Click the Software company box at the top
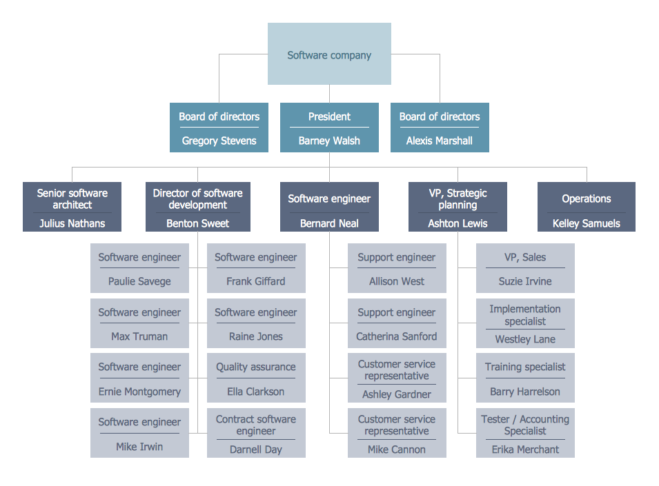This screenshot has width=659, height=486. (x=329, y=54)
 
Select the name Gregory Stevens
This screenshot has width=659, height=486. (x=219, y=141)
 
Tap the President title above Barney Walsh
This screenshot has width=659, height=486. (x=329, y=117)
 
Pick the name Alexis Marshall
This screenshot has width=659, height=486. (x=439, y=141)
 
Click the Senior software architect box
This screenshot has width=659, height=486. (x=72, y=206)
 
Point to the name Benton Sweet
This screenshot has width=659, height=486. (x=197, y=223)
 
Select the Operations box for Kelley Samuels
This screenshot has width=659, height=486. (x=586, y=206)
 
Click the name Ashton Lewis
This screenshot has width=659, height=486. (x=458, y=223)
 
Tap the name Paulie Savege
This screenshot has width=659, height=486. (x=139, y=281)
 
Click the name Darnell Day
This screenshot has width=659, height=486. (x=256, y=449)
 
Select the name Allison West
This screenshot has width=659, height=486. (x=397, y=281)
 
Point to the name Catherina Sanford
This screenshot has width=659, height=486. (x=397, y=336)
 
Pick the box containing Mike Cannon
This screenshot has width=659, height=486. (x=397, y=433)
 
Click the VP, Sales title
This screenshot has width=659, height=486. (x=525, y=257)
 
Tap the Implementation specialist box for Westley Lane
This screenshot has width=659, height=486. (x=525, y=323)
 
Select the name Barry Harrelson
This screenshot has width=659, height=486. (x=525, y=392)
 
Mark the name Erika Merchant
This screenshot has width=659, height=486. (x=525, y=449)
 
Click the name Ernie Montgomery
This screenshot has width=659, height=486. (x=139, y=392)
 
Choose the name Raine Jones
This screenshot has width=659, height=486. (x=256, y=336)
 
